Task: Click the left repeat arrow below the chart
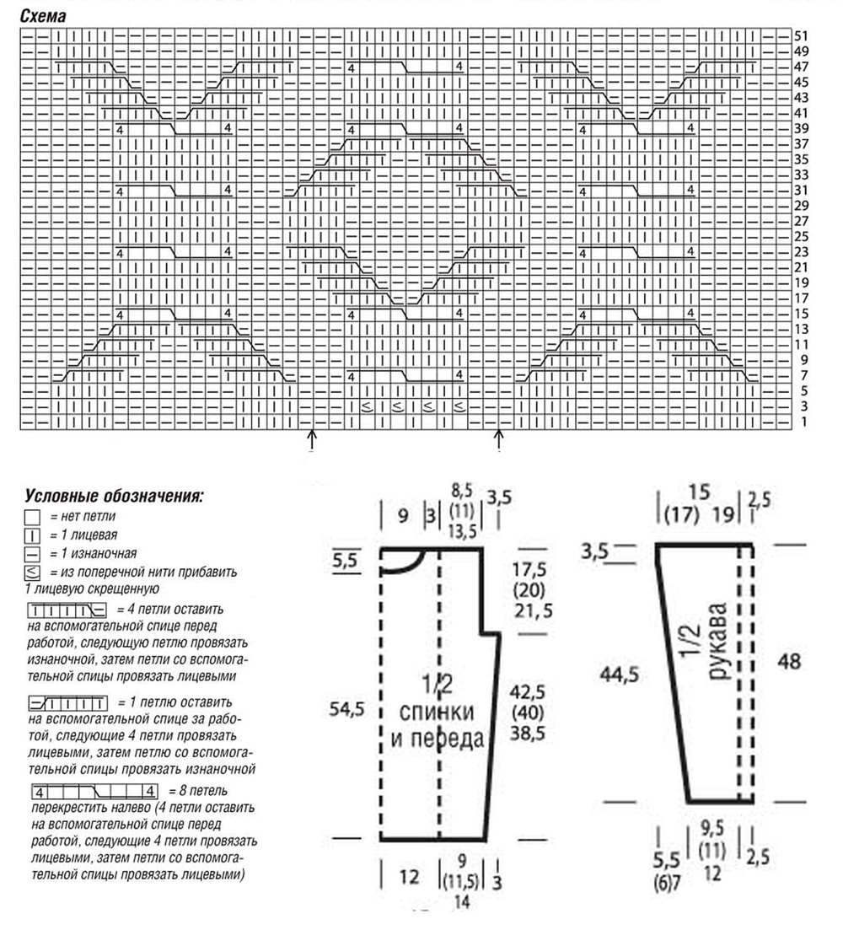point(312,438)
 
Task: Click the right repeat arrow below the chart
point(498,438)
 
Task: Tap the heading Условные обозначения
point(114,496)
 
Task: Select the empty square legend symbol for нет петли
point(33,517)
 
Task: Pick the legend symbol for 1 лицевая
point(33,535)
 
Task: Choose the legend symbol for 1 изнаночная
point(33,553)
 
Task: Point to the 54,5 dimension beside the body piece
point(346,710)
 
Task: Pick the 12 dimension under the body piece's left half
point(409,878)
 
